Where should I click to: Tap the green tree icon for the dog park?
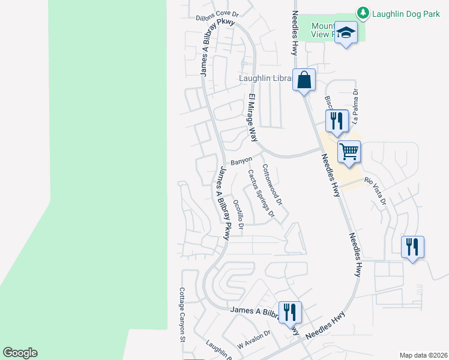coord(363,12)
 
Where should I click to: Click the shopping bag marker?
coord(304,79)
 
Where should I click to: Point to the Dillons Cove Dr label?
coord(217,15)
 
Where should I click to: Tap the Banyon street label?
coord(241,161)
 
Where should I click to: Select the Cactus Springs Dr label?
coord(261,193)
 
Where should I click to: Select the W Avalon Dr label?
coord(255,343)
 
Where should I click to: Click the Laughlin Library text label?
coord(265,78)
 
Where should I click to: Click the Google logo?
coord(20,352)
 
